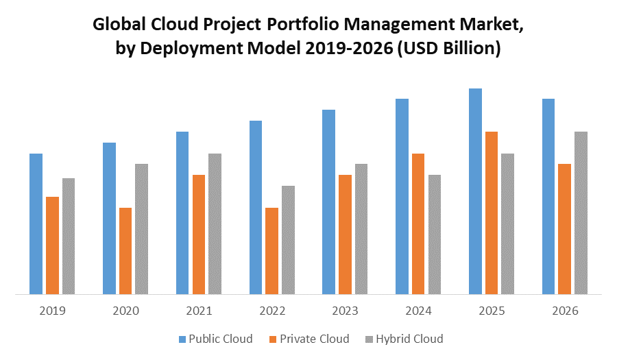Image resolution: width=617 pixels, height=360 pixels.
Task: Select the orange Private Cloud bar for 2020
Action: [x=125, y=251]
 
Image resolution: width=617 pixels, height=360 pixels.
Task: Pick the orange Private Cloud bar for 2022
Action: [x=271, y=251]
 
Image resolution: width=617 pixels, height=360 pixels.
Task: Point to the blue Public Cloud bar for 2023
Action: [x=328, y=202]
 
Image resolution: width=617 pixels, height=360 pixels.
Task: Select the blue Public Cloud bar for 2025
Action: [x=475, y=191]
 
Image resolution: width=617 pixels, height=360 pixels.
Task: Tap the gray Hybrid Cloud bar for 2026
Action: [x=581, y=213]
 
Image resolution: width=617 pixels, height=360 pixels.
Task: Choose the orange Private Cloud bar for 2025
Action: [x=492, y=213]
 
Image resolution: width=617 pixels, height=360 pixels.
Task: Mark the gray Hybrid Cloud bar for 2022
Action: [x=288, y=240]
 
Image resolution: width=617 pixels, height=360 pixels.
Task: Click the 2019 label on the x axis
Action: [x=52, y=311]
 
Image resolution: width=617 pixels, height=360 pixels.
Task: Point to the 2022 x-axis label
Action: [x=272, y=311]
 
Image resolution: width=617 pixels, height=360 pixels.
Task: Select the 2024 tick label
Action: [x=418, y=311]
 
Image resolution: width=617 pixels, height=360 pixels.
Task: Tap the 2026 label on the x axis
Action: [x=565, y=311]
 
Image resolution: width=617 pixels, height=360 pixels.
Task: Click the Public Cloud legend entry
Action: [x=215, y=339]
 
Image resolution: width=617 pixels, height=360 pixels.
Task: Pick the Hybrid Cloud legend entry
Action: [x=404, y=339]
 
